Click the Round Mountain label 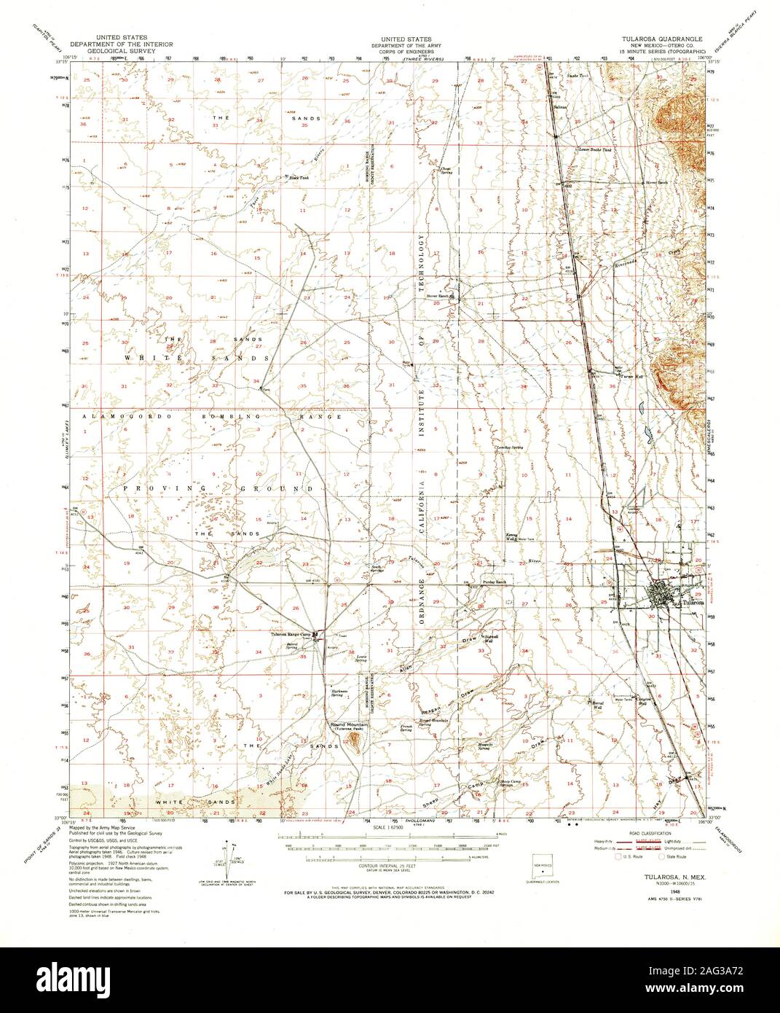click(352, 725)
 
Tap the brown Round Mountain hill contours click(355, 742)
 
